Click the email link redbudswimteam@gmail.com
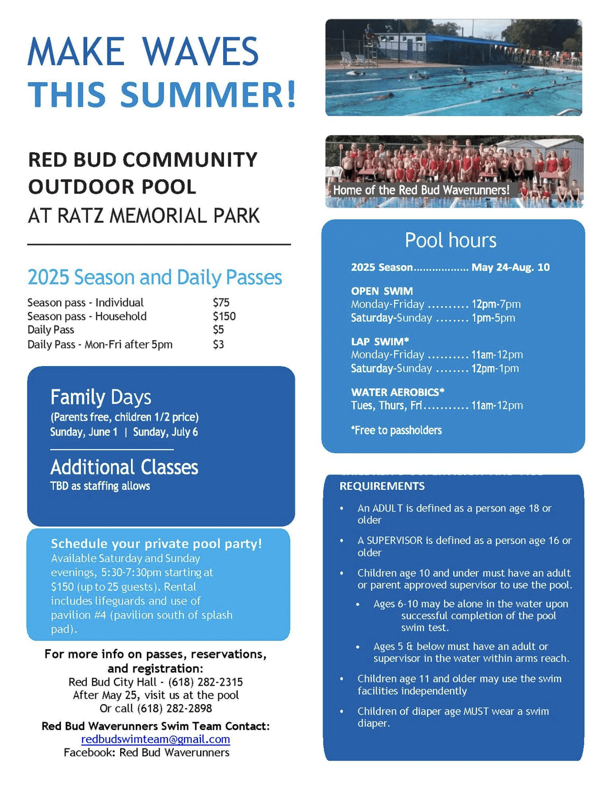[x=155, y=739]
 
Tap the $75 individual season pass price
[x=221, y=302]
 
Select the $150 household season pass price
[x=224, y=316]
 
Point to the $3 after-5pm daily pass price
[x=218, y=344]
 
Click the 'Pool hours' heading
[x=450, y=240]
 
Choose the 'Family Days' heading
[x=101, y=397]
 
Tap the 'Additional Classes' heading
[x=124, y=467]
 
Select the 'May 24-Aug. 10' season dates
[x=511, y=267]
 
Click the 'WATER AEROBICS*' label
[x=398, y=392]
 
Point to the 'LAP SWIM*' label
[x=380, y=341]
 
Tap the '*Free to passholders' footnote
[x=396, y=430]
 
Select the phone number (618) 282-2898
[x=174, y=708]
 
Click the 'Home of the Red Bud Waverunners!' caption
[x=421, y=190]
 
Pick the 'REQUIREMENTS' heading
[x=382, y=486]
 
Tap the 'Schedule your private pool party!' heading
[x=156, y=543]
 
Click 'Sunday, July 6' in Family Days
[x=165, y=432]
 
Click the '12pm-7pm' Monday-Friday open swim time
[x=496, y=304]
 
